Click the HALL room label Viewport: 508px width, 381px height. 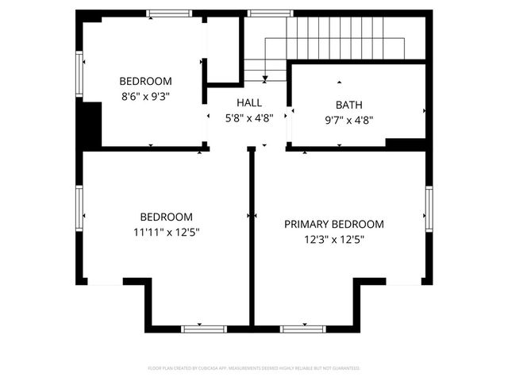click(248, 103)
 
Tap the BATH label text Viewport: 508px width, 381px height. click(348, 104)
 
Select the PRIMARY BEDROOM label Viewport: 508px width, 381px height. click(333, 224)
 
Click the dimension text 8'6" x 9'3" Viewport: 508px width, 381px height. click(145, 96)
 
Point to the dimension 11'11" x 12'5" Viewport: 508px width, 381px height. click(166, 233)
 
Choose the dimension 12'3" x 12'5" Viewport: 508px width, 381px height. click(333, 239)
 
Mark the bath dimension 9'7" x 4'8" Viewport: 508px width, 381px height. click(348, 120)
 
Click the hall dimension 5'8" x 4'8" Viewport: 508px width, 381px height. click(248, 118)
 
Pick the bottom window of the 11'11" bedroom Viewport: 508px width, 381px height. click(204, 328)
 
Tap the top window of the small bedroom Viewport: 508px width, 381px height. click(169, 13)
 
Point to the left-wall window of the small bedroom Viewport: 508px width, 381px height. click(79, 75)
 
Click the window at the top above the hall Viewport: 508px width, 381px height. click(260, 13)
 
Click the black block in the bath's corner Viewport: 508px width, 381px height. click(404, 143)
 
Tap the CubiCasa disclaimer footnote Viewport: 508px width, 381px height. click(254, 368)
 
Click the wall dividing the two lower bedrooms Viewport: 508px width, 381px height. click(251, 238)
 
